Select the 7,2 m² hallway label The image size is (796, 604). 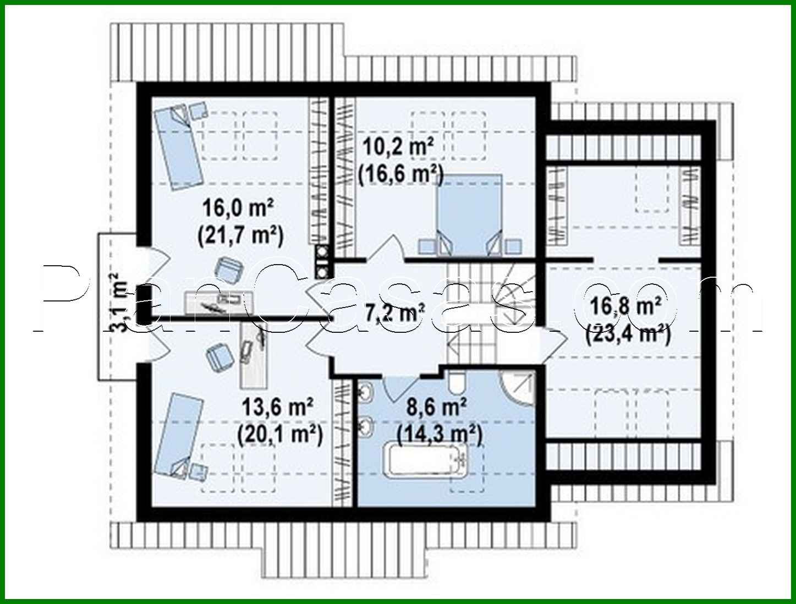(394, 313)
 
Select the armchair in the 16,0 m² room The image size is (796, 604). (229, 269)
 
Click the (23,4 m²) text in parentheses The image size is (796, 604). (628, 334)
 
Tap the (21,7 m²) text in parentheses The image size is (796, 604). (240, 235)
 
